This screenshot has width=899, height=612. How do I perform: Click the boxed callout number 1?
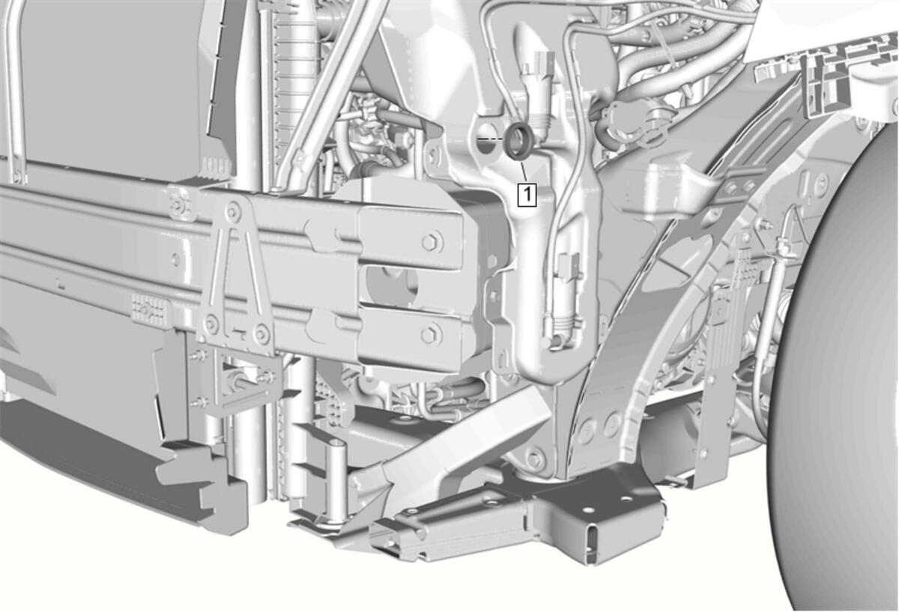[527, 195]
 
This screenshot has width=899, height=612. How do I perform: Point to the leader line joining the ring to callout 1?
[524, 172]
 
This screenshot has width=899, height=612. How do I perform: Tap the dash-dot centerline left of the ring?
[489, 139]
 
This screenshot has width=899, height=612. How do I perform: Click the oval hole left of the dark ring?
[487, 139]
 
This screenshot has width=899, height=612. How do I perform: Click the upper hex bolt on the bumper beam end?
[431, 243]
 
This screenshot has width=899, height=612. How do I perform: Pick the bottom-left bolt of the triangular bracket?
[211, 323]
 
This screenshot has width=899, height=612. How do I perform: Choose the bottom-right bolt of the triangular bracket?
[261, 333]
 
